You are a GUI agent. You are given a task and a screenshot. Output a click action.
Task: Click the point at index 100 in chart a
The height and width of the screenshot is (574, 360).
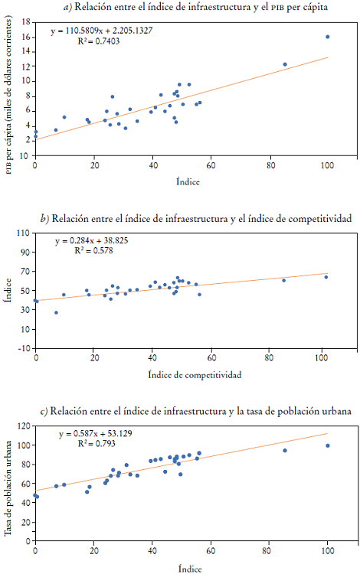328,37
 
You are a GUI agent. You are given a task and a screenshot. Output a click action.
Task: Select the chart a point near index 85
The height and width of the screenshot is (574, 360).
285,64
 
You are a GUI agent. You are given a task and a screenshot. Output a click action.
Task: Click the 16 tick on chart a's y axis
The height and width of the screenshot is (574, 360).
25,38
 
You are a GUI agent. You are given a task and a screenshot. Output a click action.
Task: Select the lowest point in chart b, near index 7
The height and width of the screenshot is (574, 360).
56,312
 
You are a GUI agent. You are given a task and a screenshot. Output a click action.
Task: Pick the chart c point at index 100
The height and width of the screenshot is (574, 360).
328,445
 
